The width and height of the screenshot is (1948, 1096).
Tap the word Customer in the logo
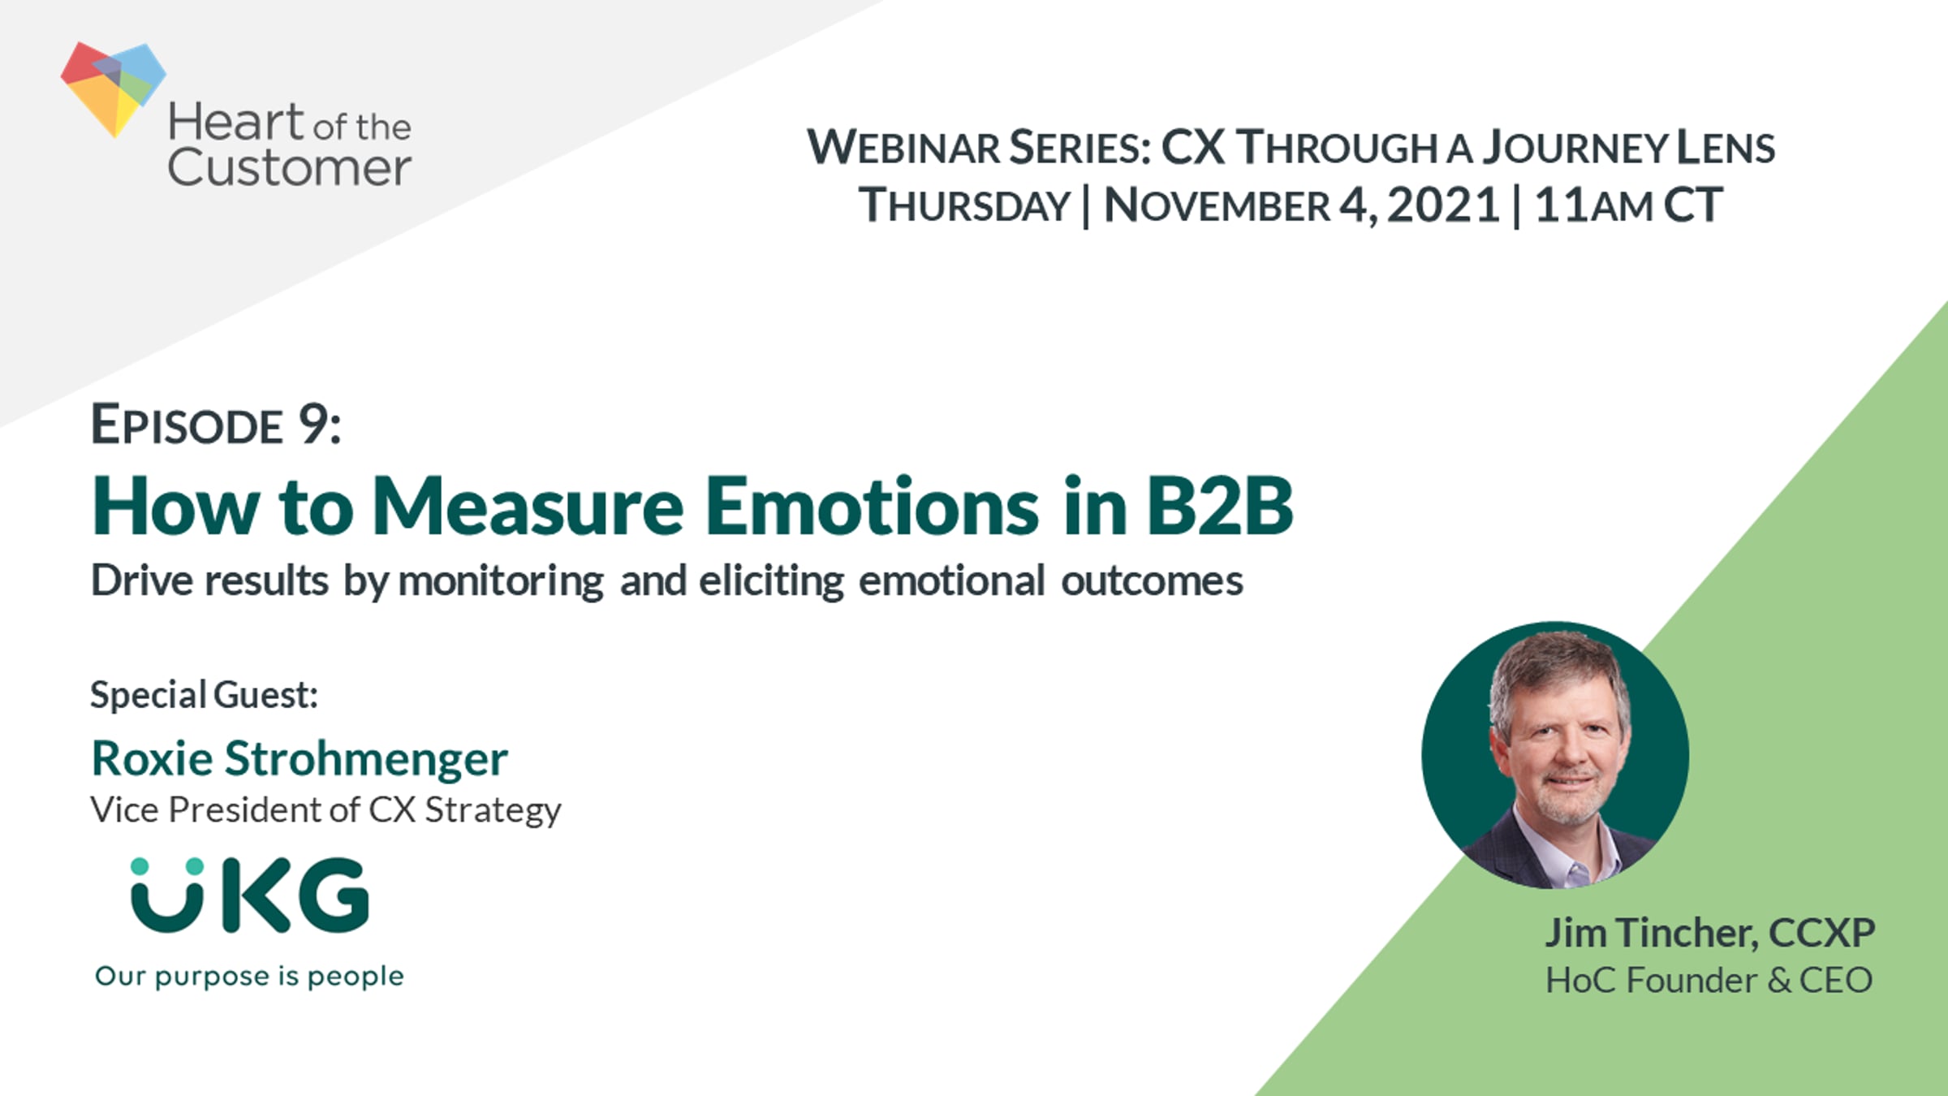point(289,167)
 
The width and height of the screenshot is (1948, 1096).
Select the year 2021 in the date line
point(1442,205)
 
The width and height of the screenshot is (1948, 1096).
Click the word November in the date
point(1217,205)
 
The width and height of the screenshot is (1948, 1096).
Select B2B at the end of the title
point(1220,507)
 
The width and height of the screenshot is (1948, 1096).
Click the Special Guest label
point(204,695)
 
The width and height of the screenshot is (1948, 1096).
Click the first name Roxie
point(153,758)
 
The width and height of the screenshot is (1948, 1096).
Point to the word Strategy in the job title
point(493,811)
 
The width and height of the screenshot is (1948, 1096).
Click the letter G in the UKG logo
point(333,895)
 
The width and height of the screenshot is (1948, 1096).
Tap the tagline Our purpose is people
point(249,977)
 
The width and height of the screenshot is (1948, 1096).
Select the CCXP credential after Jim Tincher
point(1821,933)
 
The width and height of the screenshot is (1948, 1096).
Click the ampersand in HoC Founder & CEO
point(1778,980)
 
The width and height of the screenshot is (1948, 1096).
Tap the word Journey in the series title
point(1575,147)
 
